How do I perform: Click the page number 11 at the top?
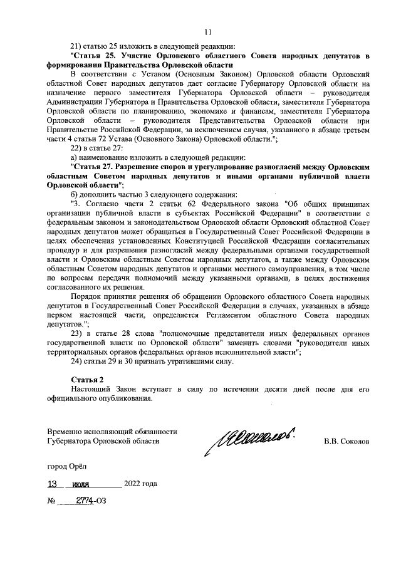pyautogui.click(x=208, y=32)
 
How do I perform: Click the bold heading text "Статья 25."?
pyautogui.click(x=91, y=56)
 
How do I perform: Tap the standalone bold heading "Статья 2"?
pyautogui.click(x=87, y=380)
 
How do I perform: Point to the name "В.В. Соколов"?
pyautogui.click(x=346, y=441)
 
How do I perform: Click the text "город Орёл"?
pyautogui.click(x=68, y=466)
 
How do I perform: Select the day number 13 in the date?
pyautogui.click(x=57, y=484)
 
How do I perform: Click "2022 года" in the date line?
pyautogui.click(x=140, y=484)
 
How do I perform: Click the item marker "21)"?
pyautogui.click(x=77, y=46)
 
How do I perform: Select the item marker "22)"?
pyautogui.click(x=77, y=148)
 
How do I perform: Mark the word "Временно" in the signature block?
pyautogui.click(x=65, y=432)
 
